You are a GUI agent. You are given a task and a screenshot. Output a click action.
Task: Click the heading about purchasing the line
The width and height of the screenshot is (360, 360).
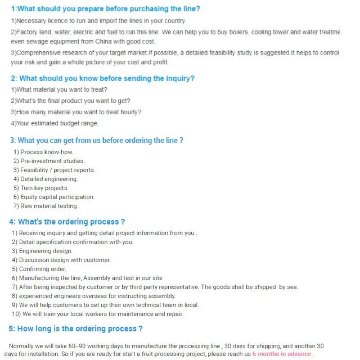pos(105,8)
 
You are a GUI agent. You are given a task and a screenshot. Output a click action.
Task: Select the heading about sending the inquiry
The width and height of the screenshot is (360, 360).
pos(103,78)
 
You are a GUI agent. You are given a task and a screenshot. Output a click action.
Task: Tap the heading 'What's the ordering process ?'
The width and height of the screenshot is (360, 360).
pos(67,222)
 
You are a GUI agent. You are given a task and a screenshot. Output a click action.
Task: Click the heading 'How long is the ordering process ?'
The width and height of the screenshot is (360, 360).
pos(75,328)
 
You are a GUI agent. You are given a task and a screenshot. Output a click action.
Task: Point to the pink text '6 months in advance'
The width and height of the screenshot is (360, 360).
pos(281,354)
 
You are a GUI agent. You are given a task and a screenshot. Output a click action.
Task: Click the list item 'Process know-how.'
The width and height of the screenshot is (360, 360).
pos(43,152)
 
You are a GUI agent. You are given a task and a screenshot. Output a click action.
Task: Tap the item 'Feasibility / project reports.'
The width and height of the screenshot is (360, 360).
pos(54,170)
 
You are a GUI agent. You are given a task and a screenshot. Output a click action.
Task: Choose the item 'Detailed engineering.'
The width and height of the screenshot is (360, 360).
pos(46,179)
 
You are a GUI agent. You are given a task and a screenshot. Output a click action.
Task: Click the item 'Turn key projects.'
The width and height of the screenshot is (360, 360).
pos(41,188)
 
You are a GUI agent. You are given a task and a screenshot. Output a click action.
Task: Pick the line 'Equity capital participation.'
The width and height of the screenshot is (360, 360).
pos(54,197)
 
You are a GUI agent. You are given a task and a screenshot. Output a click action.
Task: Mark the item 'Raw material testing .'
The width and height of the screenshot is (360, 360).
pos(47,206)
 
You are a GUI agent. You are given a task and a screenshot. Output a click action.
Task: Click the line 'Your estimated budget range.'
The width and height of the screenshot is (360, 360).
pos(55,123)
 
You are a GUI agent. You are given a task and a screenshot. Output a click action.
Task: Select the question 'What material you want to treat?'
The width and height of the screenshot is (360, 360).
pos(59,89)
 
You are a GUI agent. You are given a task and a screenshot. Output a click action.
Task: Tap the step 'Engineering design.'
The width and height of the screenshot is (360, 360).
pos(42,251)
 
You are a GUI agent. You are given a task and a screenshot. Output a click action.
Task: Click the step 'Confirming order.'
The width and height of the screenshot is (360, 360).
pos(39,269)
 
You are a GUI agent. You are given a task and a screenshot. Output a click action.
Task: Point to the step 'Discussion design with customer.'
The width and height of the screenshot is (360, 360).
pos(61,260)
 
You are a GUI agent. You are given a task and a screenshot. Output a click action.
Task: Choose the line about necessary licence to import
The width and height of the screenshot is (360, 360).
pos(98,21)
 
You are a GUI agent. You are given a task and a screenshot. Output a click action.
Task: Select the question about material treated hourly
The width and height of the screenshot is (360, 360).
pos(76,112)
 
